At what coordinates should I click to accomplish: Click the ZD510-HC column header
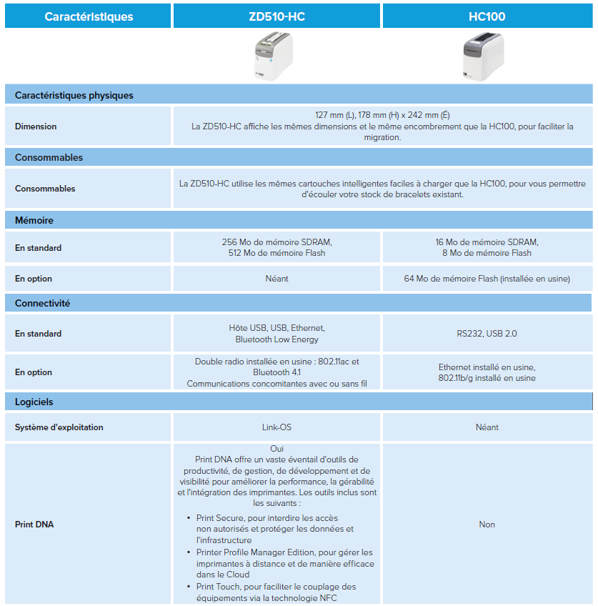pos(276,16)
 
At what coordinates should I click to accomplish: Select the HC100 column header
pos(487,16)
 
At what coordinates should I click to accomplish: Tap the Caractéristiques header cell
pos(89,16)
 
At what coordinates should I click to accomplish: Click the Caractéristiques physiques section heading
pos(74,95)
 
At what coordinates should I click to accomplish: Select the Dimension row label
pos(36,126)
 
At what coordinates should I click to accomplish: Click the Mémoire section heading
pos(34,221)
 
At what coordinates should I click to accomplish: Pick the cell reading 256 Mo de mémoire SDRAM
pos(276,242)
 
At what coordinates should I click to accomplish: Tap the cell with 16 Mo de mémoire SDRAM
pos(487,242)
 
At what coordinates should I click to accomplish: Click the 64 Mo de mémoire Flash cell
pos(487,279)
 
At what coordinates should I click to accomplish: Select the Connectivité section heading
pos(42,303)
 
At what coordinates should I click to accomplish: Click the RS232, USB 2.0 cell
pos(487,334)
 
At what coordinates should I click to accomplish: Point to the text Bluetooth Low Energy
pos(276,339)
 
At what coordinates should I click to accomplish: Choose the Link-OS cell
pos(276,427)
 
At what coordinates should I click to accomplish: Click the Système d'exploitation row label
pos(59,427)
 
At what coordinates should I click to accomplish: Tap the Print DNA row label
pos(34,525)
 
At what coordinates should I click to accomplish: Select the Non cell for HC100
pos(487,525)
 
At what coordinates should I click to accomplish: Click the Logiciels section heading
pos(34,402)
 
